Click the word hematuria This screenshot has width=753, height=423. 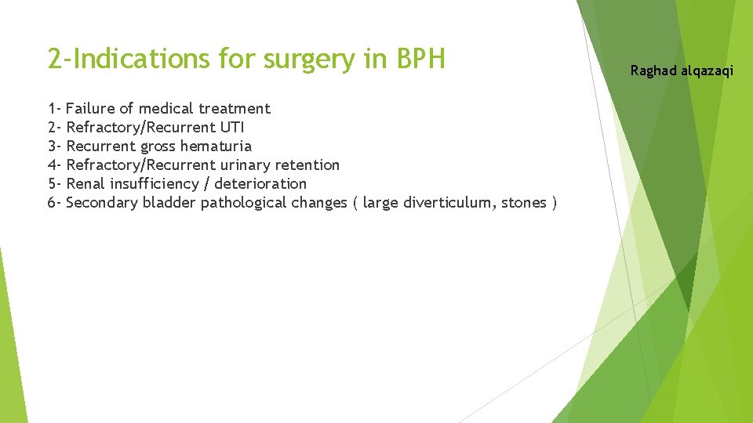(x=216, y=146)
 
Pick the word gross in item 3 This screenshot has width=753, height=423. (x=158, y=146)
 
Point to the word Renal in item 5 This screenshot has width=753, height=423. (x=87, y=183)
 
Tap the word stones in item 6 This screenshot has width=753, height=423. (x=524, y=202)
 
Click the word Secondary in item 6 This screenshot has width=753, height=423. (x=102, y=203)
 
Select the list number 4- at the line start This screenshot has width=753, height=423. (x=55, y=164)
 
